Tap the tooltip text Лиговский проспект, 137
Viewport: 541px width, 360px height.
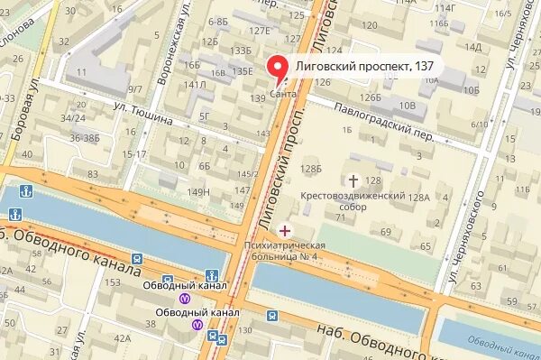click(x=355, y=67)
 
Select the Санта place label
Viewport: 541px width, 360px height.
click(x=280, y=94)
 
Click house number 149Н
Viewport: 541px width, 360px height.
click(x=197, y=191)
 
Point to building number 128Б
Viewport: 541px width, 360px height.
click(x=311, y=168)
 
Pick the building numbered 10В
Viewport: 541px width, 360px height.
click(x=407, y=106)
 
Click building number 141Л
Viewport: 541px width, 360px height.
click(x=196, y=85)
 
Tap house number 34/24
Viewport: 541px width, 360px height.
click(x=73, y=117)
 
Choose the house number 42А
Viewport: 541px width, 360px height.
click(x=122, y=338)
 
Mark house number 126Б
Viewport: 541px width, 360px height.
click(x=370, y=97)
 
